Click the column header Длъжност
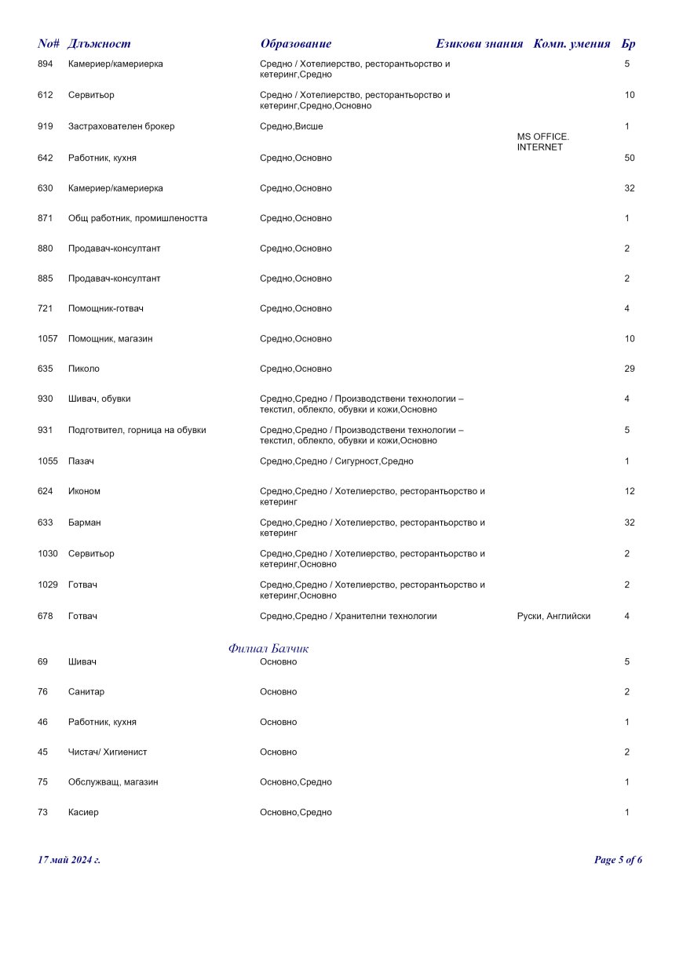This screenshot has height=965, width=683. tap(99, 44)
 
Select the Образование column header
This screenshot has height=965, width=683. tap(295, 44)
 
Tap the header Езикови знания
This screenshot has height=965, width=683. tap(479, 44)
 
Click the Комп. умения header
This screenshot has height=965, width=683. tap(572, 44)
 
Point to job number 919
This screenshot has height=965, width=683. tap(46, 126)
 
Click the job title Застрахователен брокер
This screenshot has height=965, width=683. tap(121, 126)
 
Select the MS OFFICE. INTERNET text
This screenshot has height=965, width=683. tap(542, 142)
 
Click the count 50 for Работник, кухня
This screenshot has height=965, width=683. tap(629, 158)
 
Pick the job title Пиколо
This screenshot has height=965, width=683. tap(84, 369)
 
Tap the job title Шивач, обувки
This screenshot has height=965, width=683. tap(100, 399)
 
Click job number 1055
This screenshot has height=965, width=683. tap(48, 461)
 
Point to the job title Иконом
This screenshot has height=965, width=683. tap(84, 492)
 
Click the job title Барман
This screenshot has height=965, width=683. tap(84, 523)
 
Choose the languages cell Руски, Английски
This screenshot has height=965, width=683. tap(548, 617)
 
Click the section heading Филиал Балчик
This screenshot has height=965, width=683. tap(268, 649)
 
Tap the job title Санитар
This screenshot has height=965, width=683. tap(86, 692)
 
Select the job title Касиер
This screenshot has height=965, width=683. tap(83, 813)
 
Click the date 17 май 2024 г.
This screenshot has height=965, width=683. tap(69, 860)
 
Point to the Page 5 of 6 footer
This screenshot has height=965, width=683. tap(618, 860)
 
